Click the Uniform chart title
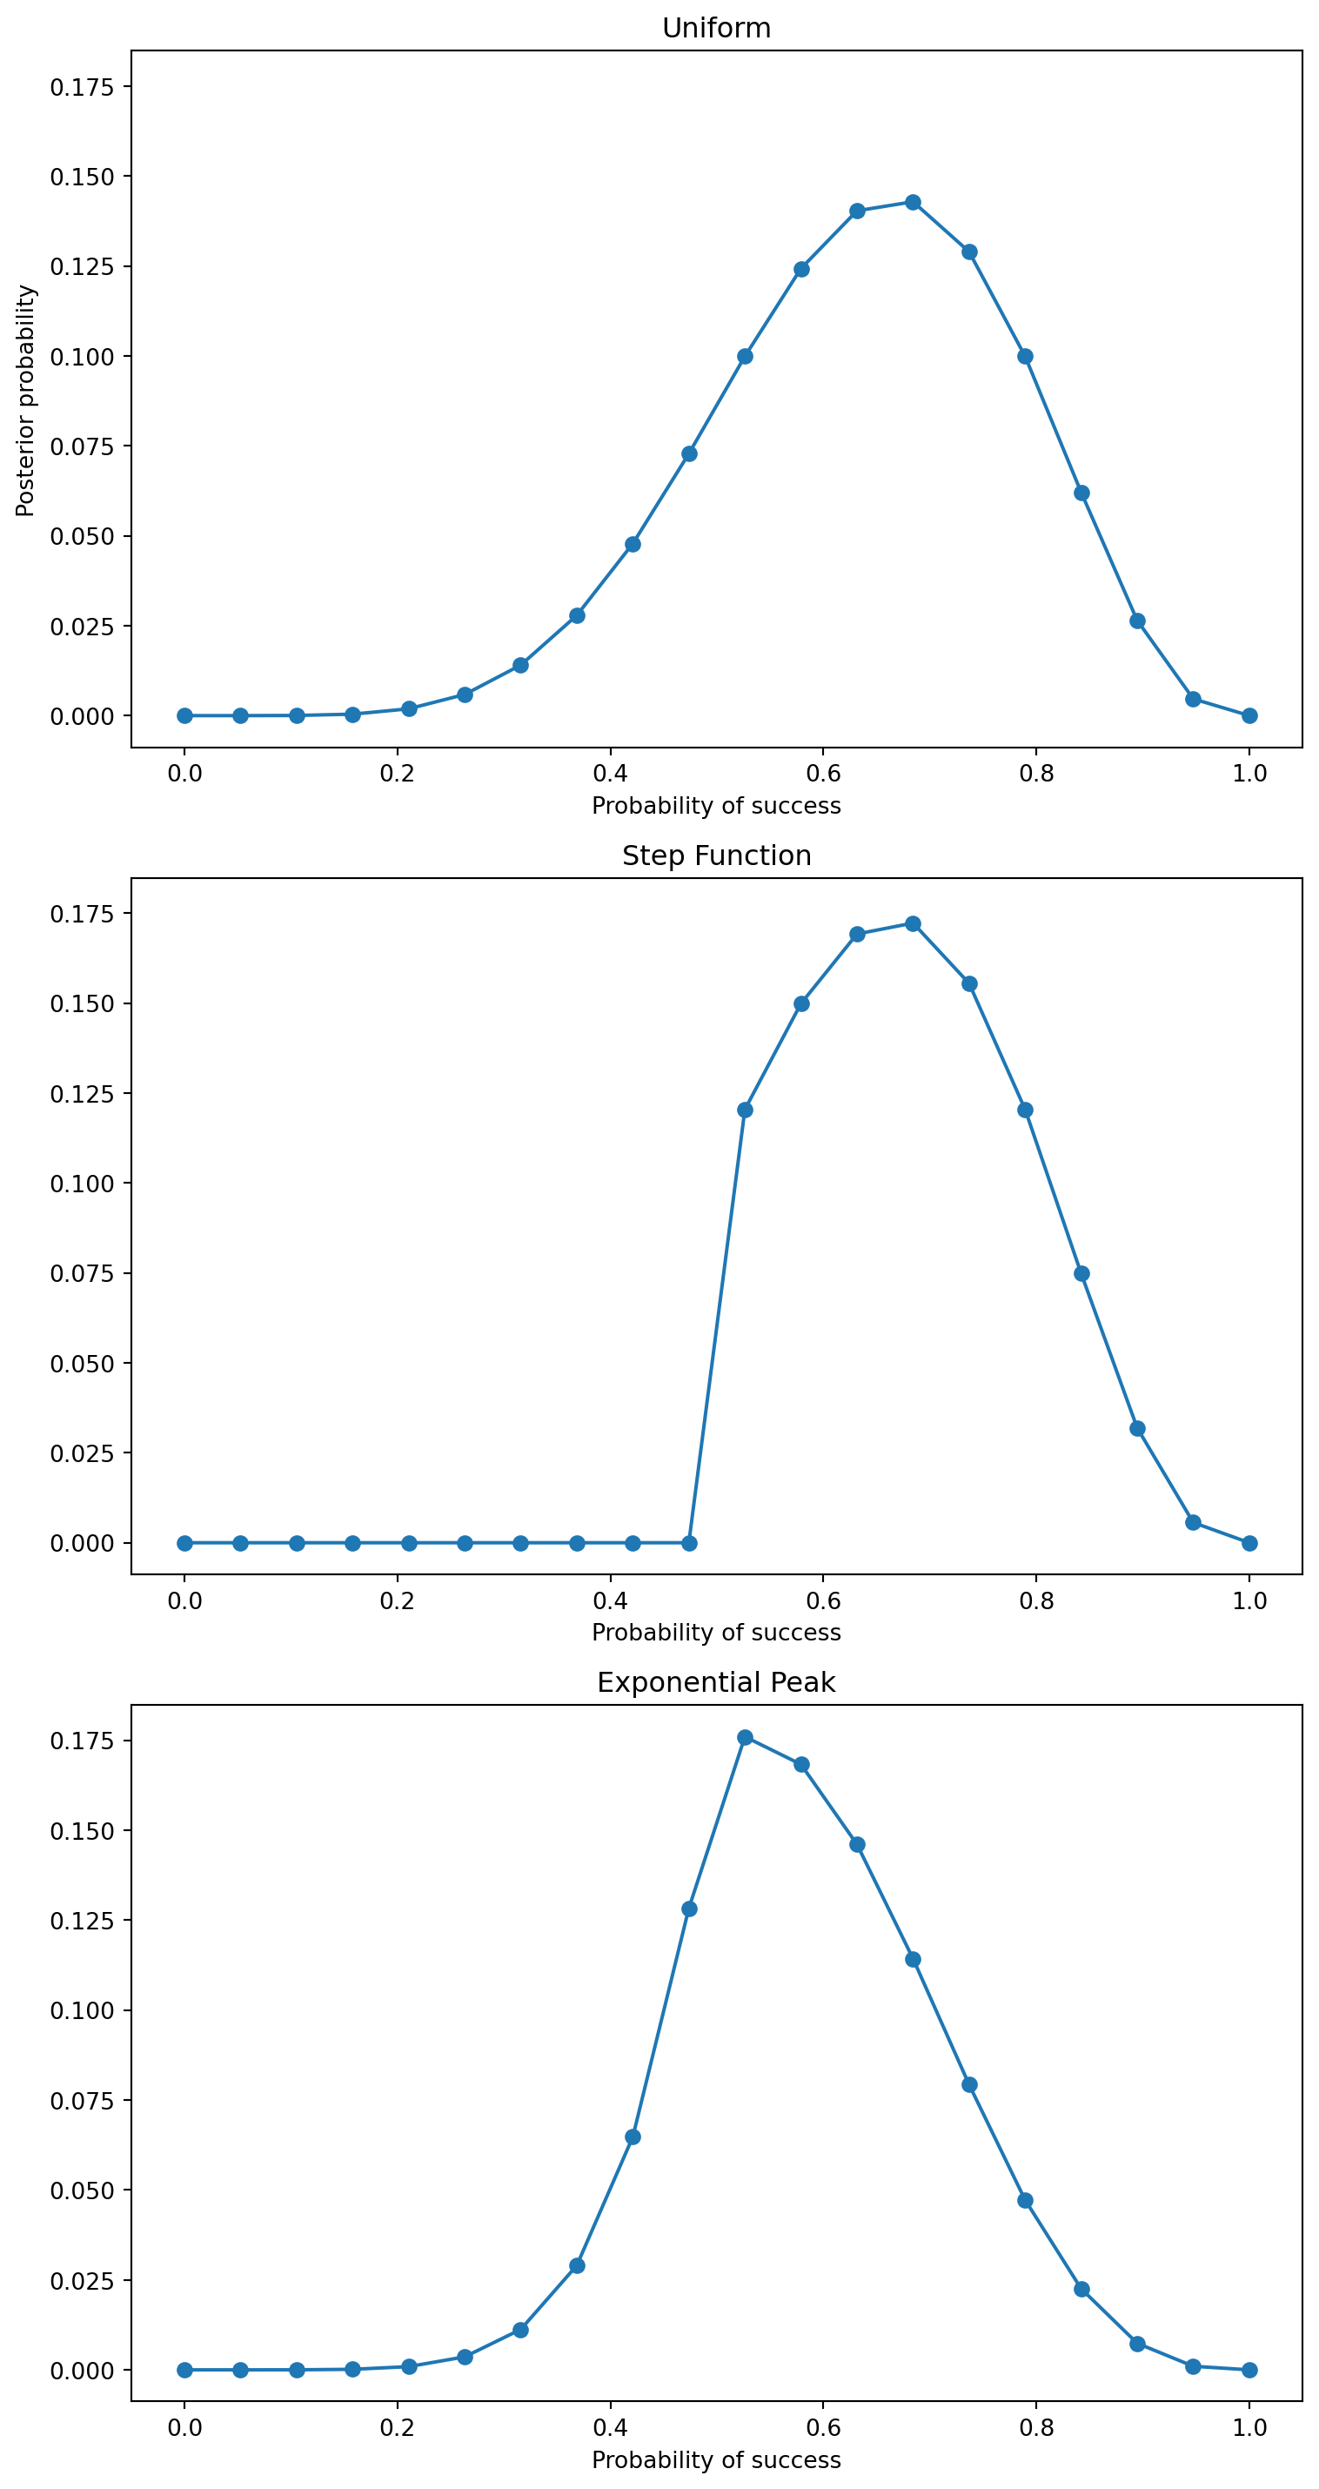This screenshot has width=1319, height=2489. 716,28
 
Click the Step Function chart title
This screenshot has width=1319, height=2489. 716,855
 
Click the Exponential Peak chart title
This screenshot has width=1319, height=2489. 716,1682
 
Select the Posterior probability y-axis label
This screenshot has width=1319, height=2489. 25,400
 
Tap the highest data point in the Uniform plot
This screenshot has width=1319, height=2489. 912,202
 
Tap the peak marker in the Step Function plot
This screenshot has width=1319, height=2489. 912,923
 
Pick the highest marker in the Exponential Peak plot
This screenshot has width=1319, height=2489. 745,1737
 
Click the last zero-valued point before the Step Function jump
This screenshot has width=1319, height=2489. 689,1543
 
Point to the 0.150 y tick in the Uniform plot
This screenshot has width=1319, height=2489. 82,177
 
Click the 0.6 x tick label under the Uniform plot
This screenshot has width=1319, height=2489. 822,773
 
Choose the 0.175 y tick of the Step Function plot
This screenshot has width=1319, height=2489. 82,914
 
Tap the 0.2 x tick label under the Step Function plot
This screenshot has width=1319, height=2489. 396,1601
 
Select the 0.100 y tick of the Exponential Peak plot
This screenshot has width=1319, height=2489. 82,2010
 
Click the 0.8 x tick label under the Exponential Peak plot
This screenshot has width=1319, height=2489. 1036,2428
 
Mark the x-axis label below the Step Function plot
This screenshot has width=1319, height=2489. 716,1632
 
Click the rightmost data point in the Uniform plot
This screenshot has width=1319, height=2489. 1249,716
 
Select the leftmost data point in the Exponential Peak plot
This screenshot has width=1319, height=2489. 184,2370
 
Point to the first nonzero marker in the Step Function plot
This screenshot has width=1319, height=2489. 745,1110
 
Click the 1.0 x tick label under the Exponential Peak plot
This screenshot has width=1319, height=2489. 1249,2428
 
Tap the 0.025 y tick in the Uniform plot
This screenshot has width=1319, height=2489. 82,626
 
